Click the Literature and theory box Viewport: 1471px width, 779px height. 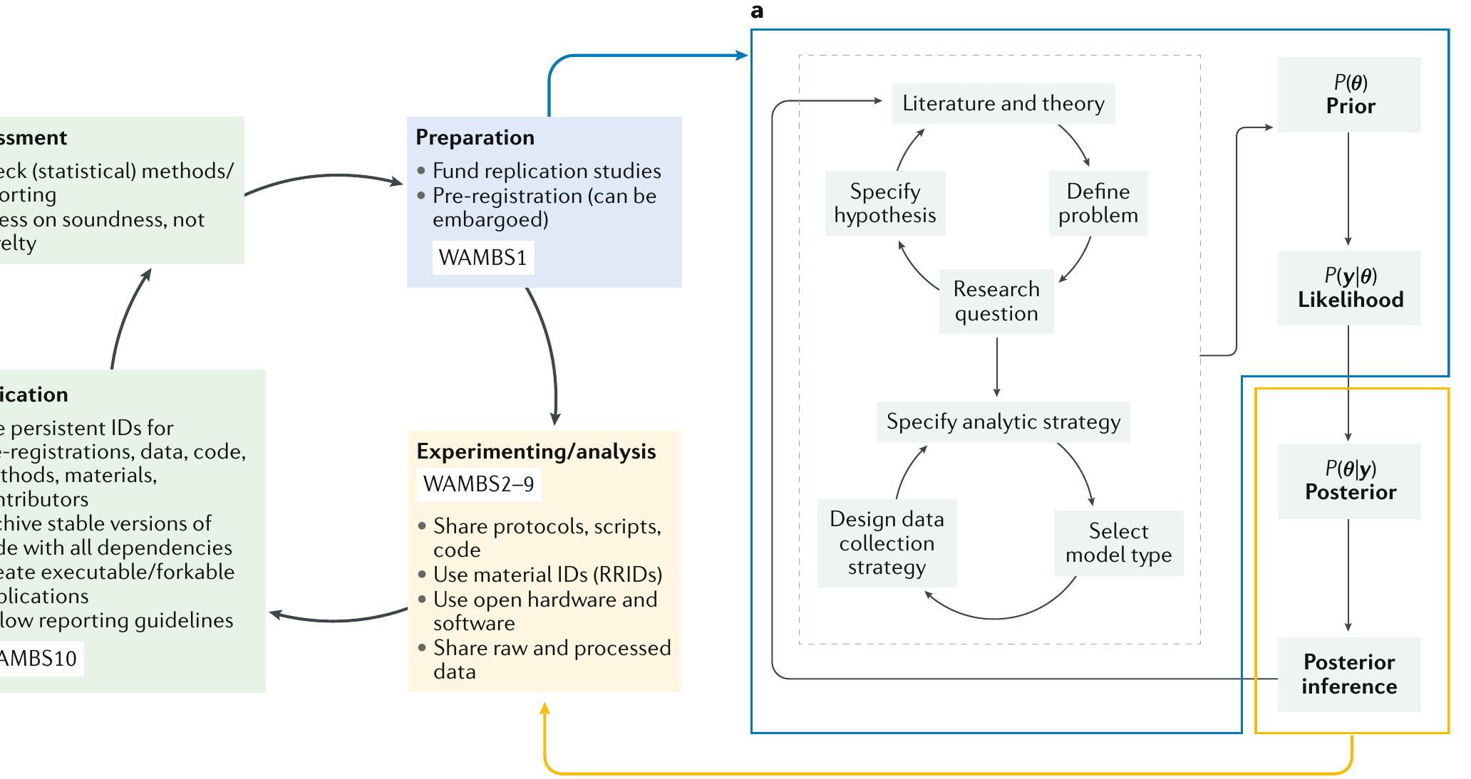tap(1003, 104)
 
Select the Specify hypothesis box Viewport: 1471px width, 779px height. tap(885, 204)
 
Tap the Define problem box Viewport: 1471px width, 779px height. tap(1098, 204)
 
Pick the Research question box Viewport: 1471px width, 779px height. tap(996, 301)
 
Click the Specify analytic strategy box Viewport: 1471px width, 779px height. tap(1003, 422)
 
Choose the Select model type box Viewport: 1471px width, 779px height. tap(1118, 543)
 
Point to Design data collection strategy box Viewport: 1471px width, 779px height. tap(887, 543)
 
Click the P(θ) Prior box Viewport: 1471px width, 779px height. tap(1348, 95)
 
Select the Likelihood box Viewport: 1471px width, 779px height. tap(1348, 288)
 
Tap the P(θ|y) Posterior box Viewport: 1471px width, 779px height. tap(1348, 481)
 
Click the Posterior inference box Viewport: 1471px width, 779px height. tap(1348, 674)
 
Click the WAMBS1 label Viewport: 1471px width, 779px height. tap(482, 258)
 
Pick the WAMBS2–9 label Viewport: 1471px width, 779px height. tap(478, 484)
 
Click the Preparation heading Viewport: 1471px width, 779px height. tap(475, 137)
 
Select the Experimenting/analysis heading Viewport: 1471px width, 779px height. tap(536, 451)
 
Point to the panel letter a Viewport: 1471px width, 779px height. tap(757, 11)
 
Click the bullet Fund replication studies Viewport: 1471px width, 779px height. tap(546, 171)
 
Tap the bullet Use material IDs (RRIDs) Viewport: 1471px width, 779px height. tap(547, 575)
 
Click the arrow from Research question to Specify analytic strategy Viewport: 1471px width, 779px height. tap(996, 367)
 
